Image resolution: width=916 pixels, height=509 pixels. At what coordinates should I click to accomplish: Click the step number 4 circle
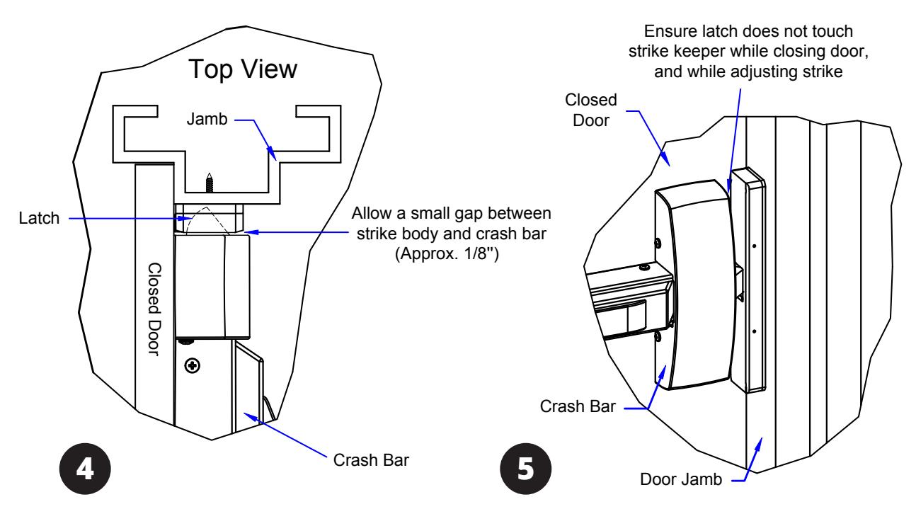click(x=85, y=469)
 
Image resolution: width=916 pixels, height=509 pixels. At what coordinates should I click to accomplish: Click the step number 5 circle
click(x=525, y=469)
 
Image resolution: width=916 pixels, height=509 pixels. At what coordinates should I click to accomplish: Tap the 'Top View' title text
click(x=243, y=69)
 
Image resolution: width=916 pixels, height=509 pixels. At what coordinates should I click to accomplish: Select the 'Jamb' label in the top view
click(x=207, y=119)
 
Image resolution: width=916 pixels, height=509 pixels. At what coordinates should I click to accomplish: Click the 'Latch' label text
click(x=39, y=218)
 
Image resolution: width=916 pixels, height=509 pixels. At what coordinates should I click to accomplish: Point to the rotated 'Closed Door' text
click(x=154, y=309)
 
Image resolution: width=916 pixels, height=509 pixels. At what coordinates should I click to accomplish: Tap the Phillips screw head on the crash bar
click(x=193, y=365)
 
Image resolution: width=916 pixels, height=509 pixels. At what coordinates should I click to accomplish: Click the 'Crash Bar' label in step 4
click(x=371, y=460)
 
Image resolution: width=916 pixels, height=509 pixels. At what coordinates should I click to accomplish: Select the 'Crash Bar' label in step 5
click(x=578, y=406)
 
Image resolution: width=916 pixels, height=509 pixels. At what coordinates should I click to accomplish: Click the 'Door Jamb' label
click(x=681, y=479)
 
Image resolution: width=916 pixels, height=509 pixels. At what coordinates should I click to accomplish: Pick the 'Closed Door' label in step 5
click(x=591, y=110)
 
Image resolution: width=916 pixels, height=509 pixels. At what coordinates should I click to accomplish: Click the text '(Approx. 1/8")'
click(x=447, y=254)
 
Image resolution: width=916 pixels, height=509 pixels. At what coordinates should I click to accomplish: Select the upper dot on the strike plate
click(x=754, y=246)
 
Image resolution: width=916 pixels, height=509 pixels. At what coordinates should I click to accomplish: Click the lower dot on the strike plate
click(x=754, y=331)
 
